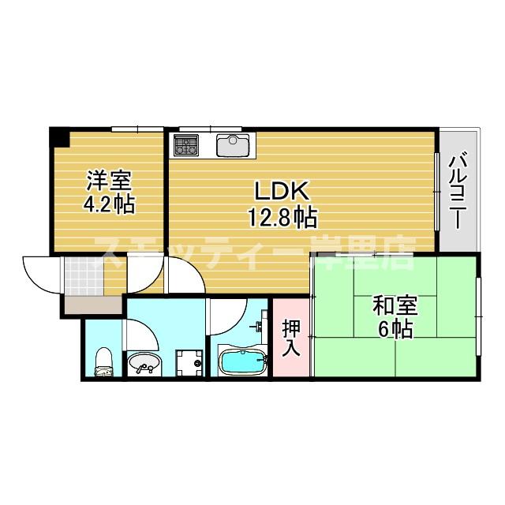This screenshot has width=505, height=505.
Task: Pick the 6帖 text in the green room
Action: [395, 329]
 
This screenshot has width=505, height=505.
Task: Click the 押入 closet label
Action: [290, 337]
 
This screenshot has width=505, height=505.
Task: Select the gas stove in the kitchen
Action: [187, 145]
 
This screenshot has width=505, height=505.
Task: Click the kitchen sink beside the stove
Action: [233, 145]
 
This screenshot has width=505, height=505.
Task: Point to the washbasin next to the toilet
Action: [143, 365]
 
